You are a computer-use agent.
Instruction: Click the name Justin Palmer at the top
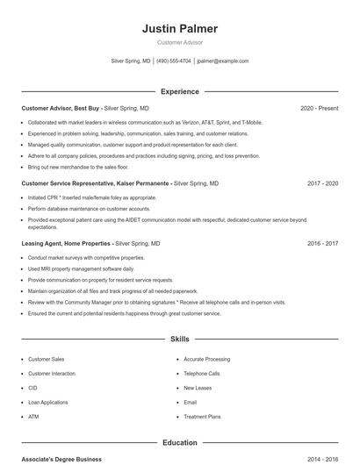pos(179,29)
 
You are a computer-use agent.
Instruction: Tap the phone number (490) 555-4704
pos(173,61)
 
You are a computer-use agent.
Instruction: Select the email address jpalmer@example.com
pos(222,61)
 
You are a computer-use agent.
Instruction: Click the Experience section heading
pos(179,91)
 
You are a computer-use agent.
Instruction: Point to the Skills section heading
pos(179,338)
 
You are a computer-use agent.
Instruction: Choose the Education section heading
pos(179,442)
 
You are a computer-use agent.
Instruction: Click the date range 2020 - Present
pos(319,108)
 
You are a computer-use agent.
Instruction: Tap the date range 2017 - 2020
pos(322,184)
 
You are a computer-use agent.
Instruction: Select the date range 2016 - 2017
pos(322,243)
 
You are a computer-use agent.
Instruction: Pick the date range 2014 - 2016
pos(322,459)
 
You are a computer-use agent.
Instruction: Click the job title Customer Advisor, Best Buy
pos(61,108)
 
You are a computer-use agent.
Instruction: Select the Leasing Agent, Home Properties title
pos(67,243)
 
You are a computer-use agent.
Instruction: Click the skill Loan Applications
pos(47,402)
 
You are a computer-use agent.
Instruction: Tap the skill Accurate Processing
pos(206,359)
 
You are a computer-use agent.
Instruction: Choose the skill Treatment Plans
pos(202,417)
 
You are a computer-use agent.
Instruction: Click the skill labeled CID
pos(32,388)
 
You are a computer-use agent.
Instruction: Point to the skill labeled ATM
pos(33,417)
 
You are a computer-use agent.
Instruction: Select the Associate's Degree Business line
pos(61,459)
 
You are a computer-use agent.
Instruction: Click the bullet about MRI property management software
pos(81,268)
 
